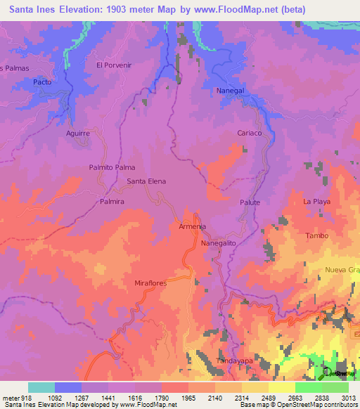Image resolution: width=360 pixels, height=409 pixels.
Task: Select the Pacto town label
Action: click(x=42, y=82)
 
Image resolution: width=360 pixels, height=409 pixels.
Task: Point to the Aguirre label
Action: click(x=77, y=133)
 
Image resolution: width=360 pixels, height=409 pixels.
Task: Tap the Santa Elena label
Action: click(x=146, y=181)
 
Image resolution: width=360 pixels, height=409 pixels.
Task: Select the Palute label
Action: click(x=250, y=202)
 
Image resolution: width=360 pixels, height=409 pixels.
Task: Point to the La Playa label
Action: click(x=316, y=202)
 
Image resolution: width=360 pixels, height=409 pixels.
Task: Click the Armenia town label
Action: click(x=192, y=227)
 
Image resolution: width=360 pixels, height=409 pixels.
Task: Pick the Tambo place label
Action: click(x=316, y=235)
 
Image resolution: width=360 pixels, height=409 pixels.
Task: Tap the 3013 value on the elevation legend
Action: click(x=348, y=397)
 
